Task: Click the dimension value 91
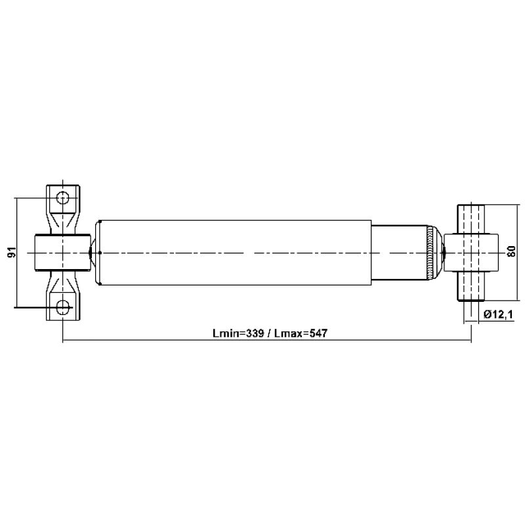pos(12,252)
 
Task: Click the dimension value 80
pos(511,251)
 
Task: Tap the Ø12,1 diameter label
pos(498,314)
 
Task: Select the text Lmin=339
pos(238,333)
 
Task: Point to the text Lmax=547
pos(301,333)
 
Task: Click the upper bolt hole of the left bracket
pos(62,198)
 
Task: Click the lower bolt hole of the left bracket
pos(62,307)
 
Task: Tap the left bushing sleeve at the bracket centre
pos(62,253)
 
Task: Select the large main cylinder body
pos(236,253)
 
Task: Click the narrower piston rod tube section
pos(399,253)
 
